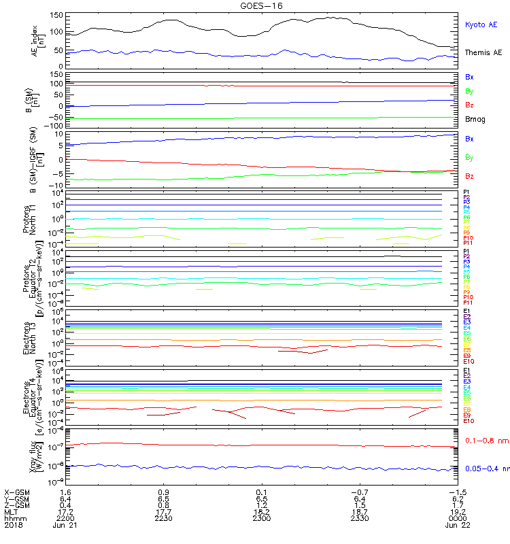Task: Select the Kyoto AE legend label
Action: tap(481, 25)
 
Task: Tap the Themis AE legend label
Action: tap(483, 52)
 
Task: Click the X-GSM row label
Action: tap(17, 492)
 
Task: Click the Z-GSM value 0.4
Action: tap(66, 505)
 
